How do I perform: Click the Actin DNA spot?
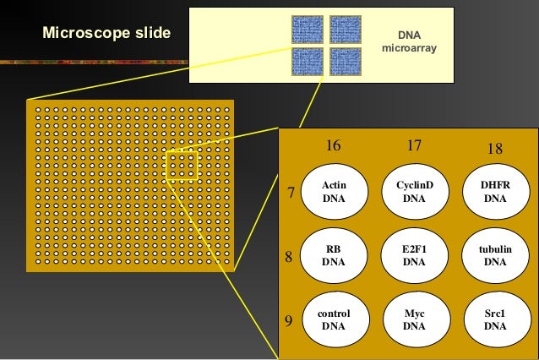click(x=334, y=192)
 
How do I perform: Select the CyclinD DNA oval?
click(x=414, y=192)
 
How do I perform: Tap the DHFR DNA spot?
click(x=495, y=192)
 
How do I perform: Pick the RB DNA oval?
click(x=334, y=255)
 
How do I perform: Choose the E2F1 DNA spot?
click(x=414, y=255)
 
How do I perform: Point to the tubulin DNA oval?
click(x=495, y=255)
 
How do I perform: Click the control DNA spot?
click(x=334, y=319)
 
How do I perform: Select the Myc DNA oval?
click(x=414, y=319)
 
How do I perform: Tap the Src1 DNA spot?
click(x=495, y=319)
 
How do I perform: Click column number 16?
click(x=334, y=145)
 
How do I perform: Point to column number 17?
click(x=414, y=145)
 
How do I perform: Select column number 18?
click(x=495, y=149)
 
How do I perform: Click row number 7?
click(x=291, y=194)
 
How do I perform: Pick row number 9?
click(x=289, y=321)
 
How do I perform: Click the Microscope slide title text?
click(x=106, y=34)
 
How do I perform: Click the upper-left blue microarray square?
click(x=307, y=30)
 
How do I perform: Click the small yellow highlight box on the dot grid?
click(x=182, y=166)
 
